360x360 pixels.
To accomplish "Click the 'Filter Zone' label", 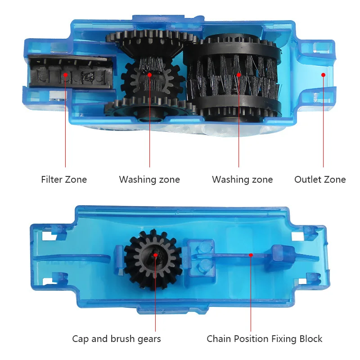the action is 64,180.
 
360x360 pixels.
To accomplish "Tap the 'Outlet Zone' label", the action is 320,180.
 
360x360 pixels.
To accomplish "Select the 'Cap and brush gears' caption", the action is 117,339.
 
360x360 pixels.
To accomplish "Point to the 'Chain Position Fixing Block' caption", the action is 265,339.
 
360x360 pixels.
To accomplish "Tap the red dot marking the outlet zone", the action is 323,75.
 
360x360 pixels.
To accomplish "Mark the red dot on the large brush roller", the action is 239,75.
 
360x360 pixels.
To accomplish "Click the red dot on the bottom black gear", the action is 156,255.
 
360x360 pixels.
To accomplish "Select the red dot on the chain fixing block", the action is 251,255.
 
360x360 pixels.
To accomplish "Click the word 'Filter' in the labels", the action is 52,180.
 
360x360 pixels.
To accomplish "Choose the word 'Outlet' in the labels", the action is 308,180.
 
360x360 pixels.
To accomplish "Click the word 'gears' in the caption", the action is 148,339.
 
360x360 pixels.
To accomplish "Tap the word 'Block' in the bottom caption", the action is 310,339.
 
